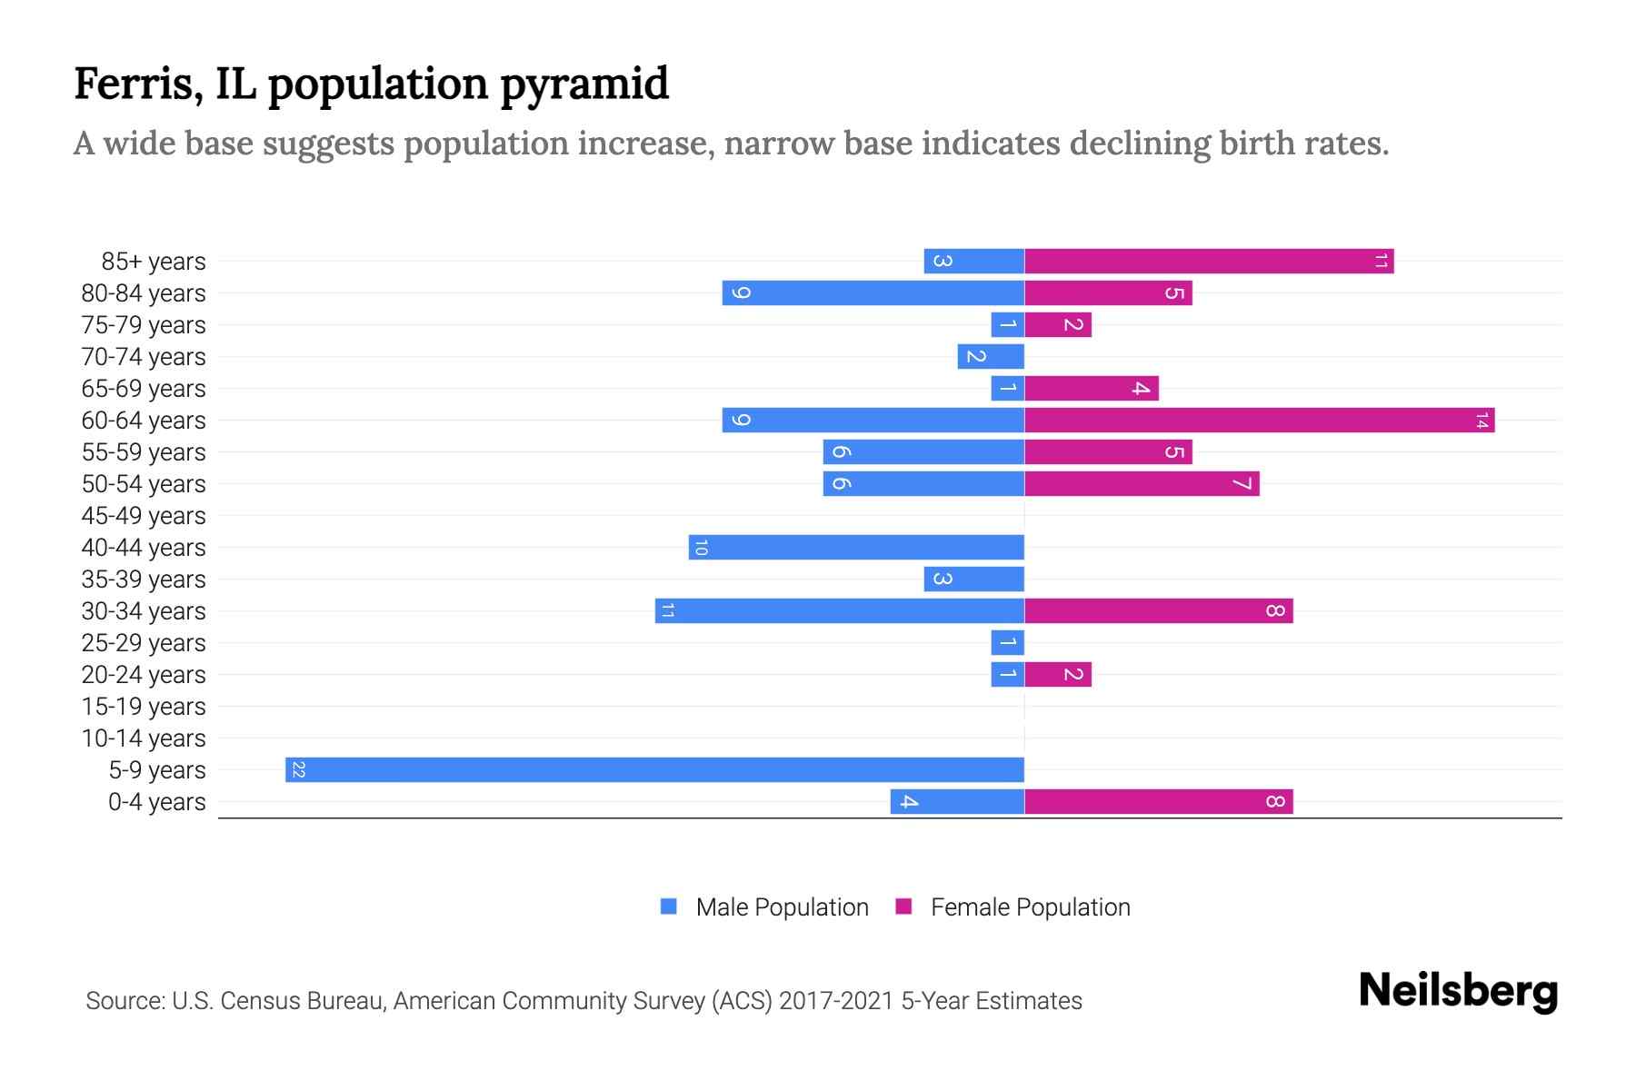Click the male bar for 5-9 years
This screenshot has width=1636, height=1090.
click(654, 769)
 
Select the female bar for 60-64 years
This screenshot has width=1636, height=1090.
click(1259, 421)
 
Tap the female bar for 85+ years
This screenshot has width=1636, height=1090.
click(1209, 262)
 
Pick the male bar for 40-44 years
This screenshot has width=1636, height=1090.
click(856, 548)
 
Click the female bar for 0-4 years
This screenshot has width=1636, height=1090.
click(1158, 802)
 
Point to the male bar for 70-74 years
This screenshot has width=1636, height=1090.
click(991, 357)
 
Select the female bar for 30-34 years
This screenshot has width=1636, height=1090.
click(1158, 611)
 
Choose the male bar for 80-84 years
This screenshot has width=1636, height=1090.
click(873, 293)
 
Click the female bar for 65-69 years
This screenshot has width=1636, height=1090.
click(1091, 389)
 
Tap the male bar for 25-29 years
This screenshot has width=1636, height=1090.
click(1007, 643)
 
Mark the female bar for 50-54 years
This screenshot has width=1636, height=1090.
click(1142, 484)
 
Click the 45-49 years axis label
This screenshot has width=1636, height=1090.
click(144, 516)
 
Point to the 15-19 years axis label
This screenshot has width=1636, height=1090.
click(144, 707)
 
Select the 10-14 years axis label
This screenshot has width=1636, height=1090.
click(144, 738)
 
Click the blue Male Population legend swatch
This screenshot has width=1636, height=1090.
click(669, 907)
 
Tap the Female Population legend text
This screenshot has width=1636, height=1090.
click(1030, 907)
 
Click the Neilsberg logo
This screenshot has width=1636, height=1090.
click(1458, 991)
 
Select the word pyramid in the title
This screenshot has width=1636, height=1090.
click(584, 84)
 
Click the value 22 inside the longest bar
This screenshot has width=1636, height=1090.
click(298, 770)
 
